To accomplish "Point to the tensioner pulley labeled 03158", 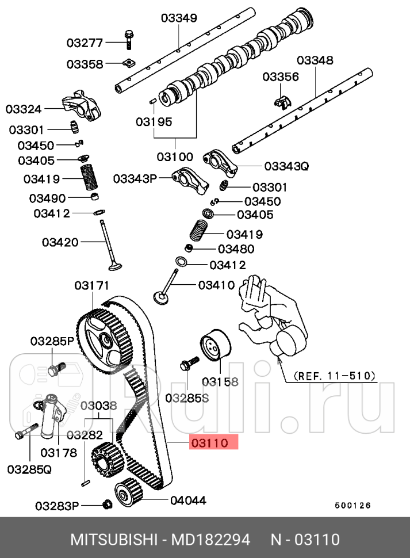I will point(214,348).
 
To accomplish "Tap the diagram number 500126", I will point(353,506).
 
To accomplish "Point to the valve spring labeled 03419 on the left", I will point(89,178).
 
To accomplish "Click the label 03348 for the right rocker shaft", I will point(315,60).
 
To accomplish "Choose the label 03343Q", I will point(286,166).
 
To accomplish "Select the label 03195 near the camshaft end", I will point(154,121).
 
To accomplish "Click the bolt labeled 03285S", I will point(188,364).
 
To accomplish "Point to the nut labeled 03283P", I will point(106,505).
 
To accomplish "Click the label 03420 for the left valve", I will point(60,242).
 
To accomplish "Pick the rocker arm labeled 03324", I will point(84,107).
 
